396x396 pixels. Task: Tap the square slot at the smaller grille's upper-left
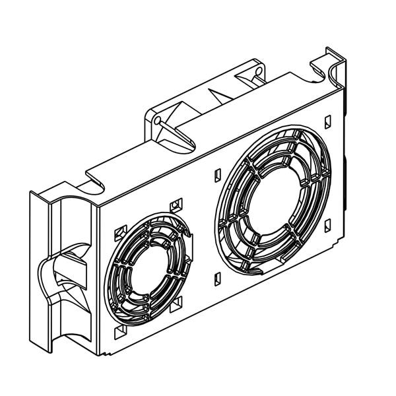tap(120, 232)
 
